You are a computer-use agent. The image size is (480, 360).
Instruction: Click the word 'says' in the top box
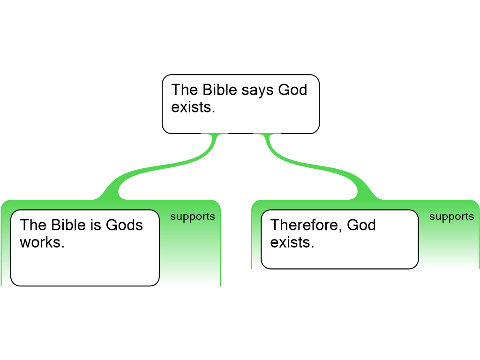(x=257, y=91)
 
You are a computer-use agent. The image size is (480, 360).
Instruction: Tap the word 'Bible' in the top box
(x=220, y=90)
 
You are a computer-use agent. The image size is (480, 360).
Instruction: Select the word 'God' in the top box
(x=292, y=90)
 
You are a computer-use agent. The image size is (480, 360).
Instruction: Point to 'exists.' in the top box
(x=193, y=107)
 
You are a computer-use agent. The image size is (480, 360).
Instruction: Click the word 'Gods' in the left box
(x=124, y=225)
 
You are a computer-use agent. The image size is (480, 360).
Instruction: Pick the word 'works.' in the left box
(x=42, y=242)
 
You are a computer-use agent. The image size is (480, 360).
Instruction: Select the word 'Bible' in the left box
(x=68, y=225)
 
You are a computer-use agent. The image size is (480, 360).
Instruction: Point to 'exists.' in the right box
(x=292, y=242)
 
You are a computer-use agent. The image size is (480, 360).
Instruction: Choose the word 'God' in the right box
(x=361, y=225)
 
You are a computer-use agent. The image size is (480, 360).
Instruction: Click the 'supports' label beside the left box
(x=193, y=217)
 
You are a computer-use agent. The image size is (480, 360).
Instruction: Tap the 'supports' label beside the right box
(x=451, y=217)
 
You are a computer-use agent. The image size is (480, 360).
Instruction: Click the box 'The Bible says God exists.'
(x=240, y=104)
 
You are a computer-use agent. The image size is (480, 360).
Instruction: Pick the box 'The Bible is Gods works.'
(x=85, y=248)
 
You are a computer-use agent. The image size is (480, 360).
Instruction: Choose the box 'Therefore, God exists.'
(x=340, y=240)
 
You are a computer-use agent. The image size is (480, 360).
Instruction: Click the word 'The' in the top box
(x=185, y=90)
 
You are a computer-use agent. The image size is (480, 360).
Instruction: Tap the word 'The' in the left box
(x=33, y=225)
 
